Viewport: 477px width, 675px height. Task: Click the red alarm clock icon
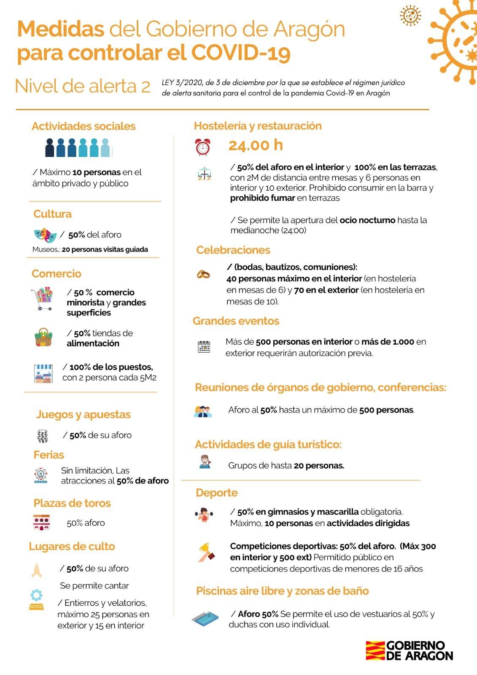tap(202, 147)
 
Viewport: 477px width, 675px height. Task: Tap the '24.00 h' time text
tap(256, 145)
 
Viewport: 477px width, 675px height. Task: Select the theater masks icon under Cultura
tap(45, 235)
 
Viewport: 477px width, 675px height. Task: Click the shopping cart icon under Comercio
tap(42, 298)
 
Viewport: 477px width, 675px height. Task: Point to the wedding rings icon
tap(203, 274)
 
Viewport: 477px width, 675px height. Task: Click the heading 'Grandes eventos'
tap(236, 321)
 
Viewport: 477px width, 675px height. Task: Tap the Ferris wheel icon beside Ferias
tap(41, 475)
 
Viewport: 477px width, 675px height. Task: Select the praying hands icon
tap(36, 570)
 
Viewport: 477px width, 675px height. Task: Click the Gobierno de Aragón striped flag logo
tap(375, 651)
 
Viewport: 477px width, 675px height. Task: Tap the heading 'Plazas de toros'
tap(72, 503)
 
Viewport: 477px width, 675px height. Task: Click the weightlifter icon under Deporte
tap(204, 514)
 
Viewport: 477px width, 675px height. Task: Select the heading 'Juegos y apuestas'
tap(83, 415)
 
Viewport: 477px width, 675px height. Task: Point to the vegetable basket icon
tap(43, 337)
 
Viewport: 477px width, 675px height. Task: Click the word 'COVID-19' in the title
tap(241, 53)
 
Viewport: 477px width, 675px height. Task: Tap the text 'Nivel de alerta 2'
tap(83, 86)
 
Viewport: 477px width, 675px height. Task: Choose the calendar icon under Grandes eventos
tap(204, 347)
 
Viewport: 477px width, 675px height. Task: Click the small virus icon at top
tap(410, 16)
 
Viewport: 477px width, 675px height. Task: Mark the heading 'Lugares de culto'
tap(72, 547)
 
